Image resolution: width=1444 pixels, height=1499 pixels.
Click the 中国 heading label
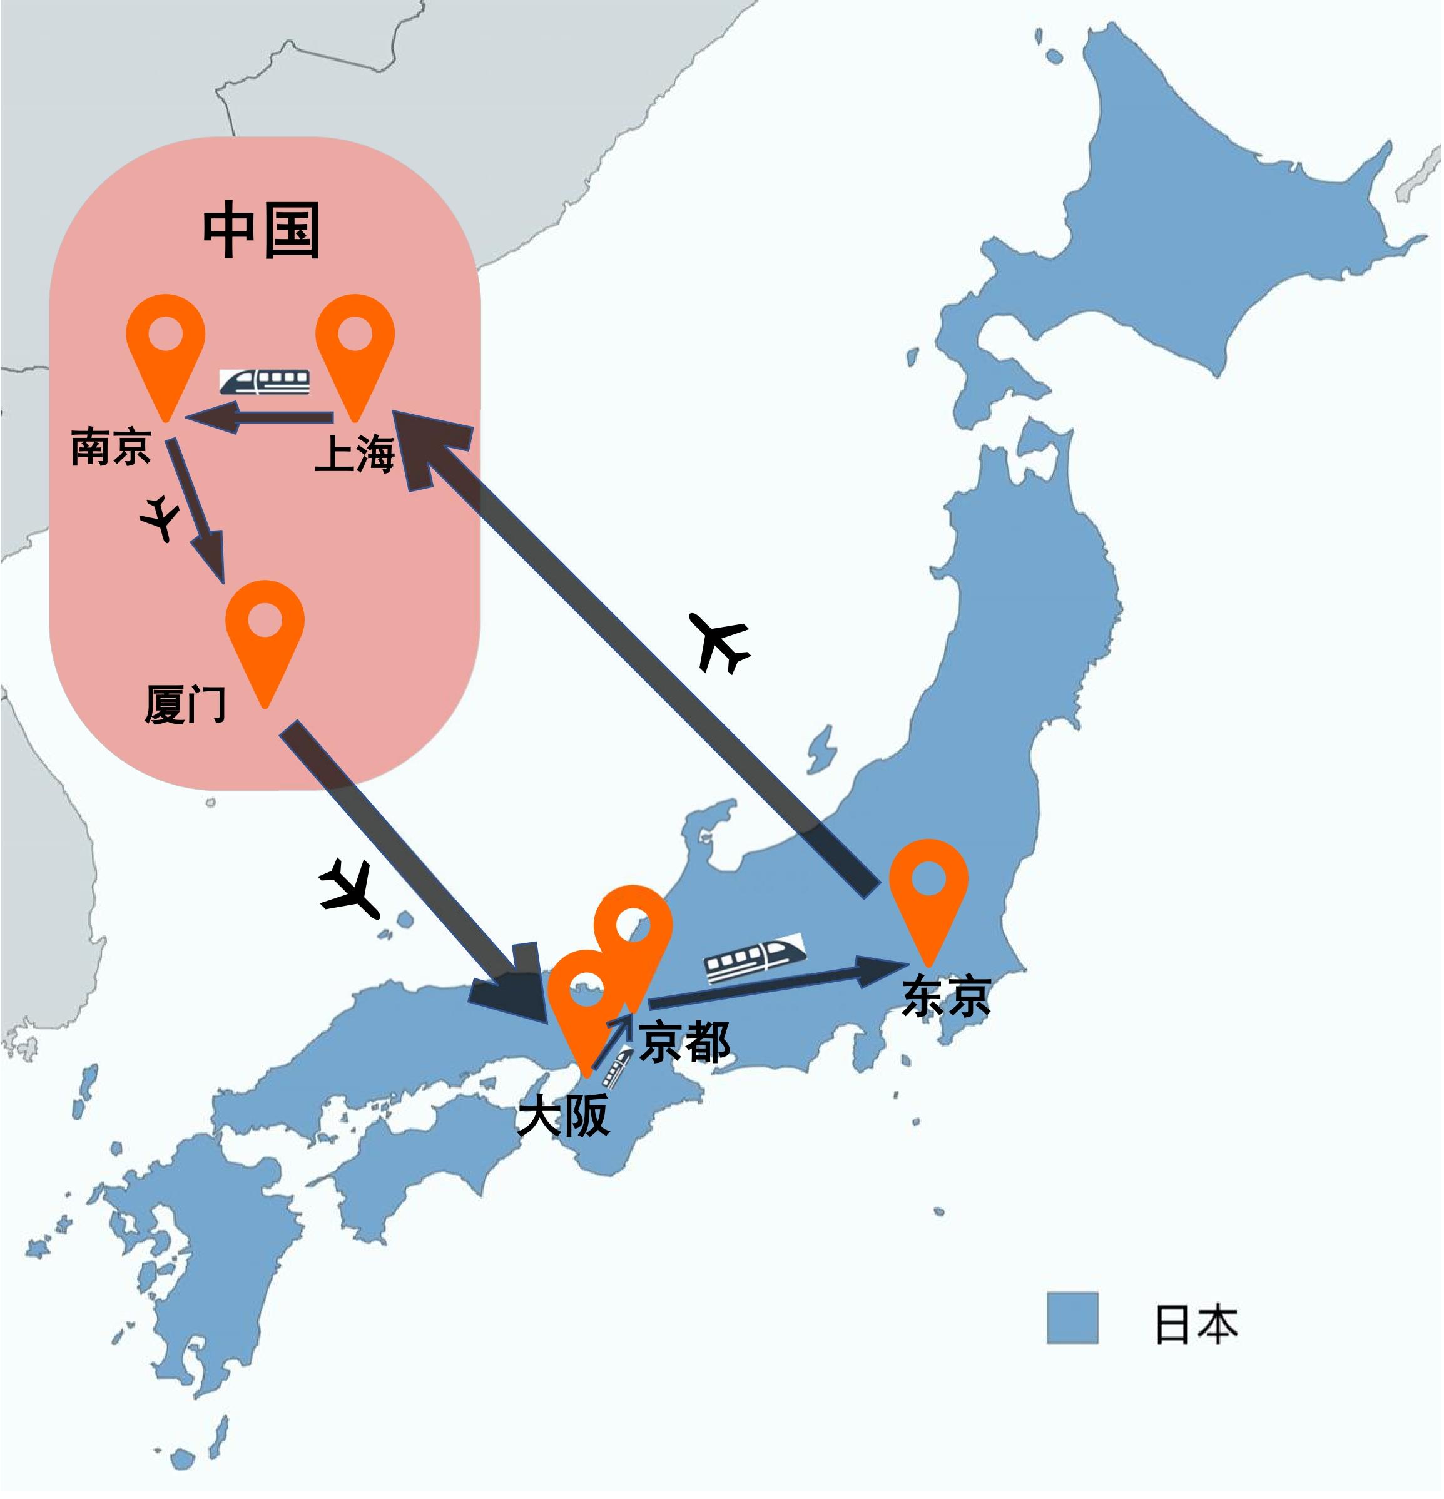click(x=261, y=230)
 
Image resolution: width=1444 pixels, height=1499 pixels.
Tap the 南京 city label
click(x=111, y=447)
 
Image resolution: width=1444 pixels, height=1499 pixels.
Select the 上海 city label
click(x=355, y=453)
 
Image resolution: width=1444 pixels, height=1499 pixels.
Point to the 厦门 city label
click(x=185, y=704)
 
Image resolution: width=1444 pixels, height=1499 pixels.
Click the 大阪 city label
click(x=564, y=1115)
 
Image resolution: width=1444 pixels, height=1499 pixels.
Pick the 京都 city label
click(x=684, y=1042)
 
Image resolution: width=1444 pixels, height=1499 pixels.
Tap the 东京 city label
click(x=947, y=997)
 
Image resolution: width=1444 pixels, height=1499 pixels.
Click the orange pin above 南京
click(x=165, y=344)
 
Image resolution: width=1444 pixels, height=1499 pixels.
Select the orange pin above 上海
click(x=355, y=344)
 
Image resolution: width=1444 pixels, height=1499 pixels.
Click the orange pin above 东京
click(x=928, y=887)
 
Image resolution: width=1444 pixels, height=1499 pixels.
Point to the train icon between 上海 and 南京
click(x=265, y=382)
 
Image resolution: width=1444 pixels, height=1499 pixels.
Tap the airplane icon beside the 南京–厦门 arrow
click(x=160, y=518)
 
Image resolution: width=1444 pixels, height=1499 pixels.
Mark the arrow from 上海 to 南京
click(x=260, y=417)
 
